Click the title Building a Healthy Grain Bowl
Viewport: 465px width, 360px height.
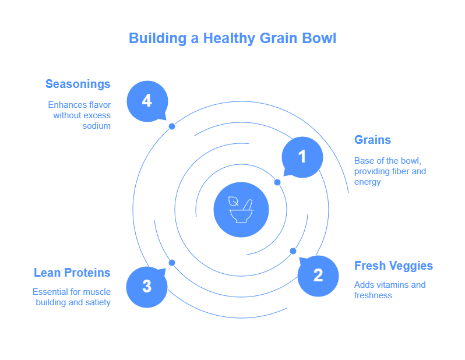[x=233, y=38]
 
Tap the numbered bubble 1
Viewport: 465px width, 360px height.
[x=302, y=157]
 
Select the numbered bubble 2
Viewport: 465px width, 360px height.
[x=318, y=275]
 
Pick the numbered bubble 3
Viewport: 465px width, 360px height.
[x=147, y=287]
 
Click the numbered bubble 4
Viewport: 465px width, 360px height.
[x=147, y=101]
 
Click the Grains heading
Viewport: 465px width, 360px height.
[x=372, y=140]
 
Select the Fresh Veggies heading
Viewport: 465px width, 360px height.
[x=393, y=266]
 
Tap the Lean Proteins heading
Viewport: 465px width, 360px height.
[x=72, y=273]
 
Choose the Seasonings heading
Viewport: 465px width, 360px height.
[x=78, y=84]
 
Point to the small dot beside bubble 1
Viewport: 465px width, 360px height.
[x=277, y=182]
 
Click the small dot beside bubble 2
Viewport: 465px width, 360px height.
[x=293, y=251]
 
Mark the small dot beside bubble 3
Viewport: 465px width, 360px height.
[x=172, y=263]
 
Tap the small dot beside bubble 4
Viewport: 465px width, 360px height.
[x=172, y=126]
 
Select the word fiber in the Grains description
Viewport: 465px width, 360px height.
[x=399, y=171]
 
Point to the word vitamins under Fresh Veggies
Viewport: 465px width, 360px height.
[x=392, y=285]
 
